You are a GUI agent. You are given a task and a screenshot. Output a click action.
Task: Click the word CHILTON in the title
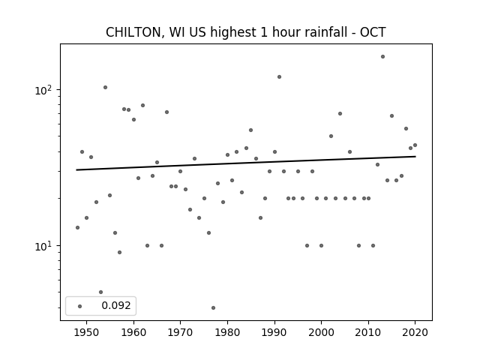[133, 32]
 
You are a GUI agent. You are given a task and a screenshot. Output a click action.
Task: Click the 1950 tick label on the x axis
[87, 332]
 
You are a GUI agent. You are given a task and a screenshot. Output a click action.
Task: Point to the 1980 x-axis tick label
[227, 332]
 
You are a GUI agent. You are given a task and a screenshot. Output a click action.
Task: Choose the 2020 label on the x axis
[415, 332]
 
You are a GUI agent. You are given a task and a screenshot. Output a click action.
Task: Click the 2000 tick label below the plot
[321, 332]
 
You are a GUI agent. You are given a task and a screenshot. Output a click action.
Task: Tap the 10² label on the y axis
[45, 90]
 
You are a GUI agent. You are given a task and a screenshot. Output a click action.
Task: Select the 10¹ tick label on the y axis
[45, 246]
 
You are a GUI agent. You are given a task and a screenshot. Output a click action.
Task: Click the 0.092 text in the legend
[116, 305]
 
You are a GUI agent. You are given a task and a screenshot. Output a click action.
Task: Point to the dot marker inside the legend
[80, 306]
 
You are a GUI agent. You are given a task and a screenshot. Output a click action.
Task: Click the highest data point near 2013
[382, 57]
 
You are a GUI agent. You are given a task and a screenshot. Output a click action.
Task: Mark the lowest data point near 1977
[213, 307]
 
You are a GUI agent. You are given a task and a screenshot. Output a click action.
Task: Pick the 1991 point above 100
[279, 76]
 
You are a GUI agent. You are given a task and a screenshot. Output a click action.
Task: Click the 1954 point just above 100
[105, 87]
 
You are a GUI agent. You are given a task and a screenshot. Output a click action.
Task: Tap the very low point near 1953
[101, 292]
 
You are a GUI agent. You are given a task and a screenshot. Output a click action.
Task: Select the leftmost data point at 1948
[77, 227]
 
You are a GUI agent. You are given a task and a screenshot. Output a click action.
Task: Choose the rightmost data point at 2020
[415, 145]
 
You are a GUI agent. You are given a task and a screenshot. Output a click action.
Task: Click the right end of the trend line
[415, 157]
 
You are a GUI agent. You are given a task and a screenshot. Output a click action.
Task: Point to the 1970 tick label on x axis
[180, 332]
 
